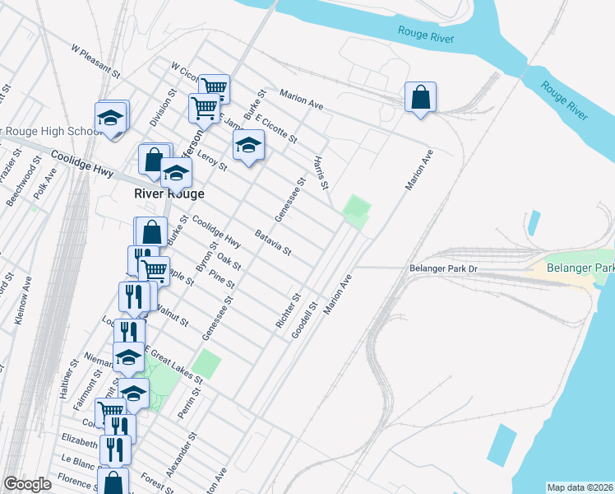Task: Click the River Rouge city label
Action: click(169, 193)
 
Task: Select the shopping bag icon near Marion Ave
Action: click(420, 98)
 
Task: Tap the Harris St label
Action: click(321, 170)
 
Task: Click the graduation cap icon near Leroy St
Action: click(247, 147)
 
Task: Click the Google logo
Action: click(27, 484)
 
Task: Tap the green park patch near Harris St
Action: click(356, 211)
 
